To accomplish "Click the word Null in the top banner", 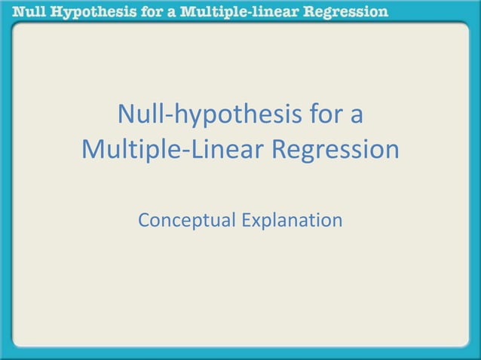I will click(23, 11).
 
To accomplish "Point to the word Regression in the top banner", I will click(349, 11).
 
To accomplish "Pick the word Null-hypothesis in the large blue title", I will click(207, 117).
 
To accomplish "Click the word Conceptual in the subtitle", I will click(185, 221).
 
